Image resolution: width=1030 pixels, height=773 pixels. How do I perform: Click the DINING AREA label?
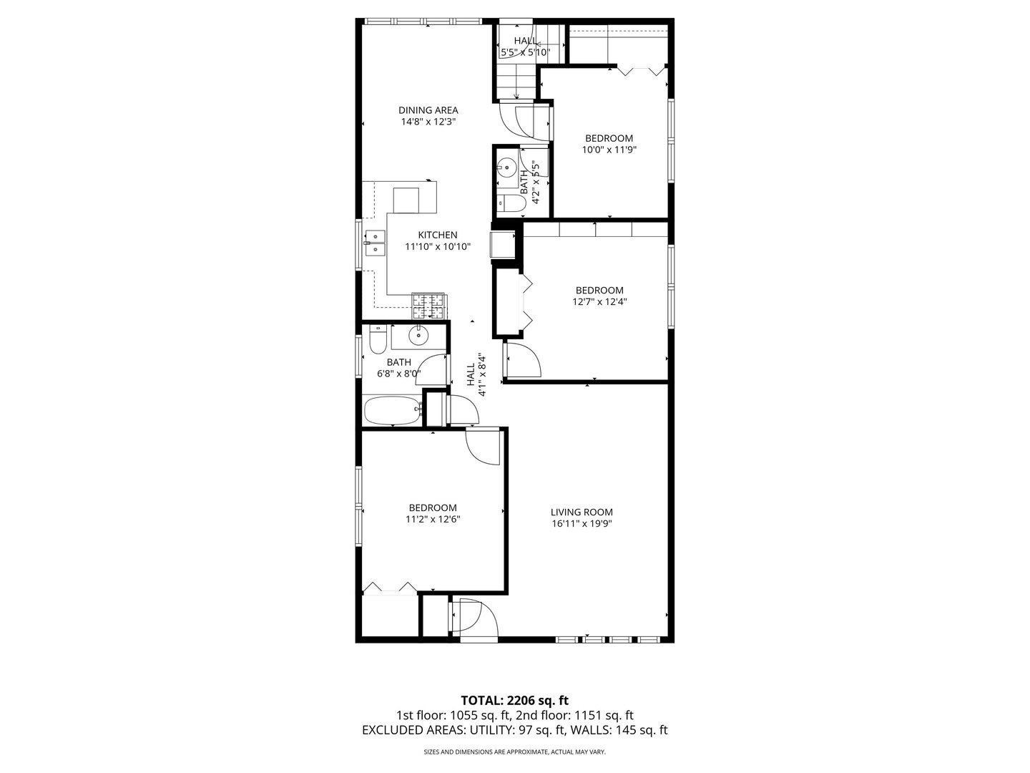pos(428,110)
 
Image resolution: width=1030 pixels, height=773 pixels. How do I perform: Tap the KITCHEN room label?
pos(437,235)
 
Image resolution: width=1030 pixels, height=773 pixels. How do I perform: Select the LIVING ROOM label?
pos(582,512)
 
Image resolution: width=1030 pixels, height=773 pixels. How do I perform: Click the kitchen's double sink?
pos(374,243)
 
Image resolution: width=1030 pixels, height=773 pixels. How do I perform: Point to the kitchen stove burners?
pos(428,306)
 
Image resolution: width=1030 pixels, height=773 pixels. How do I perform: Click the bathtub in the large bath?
pos(391,412)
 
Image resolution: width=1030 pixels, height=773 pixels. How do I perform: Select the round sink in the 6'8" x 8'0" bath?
pos(418,334)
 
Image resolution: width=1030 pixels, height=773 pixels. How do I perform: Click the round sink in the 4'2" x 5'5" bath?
pos(507,168)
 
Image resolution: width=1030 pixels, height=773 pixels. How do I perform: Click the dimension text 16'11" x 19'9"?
pos(582,523)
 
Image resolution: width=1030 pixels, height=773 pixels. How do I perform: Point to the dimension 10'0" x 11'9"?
pos(609,150)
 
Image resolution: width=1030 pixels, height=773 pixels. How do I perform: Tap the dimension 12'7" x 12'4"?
pos(599,301)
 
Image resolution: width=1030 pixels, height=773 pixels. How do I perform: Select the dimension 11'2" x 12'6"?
pos(433,519)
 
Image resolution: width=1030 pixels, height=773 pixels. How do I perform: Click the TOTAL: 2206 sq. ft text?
pos(514,699)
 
